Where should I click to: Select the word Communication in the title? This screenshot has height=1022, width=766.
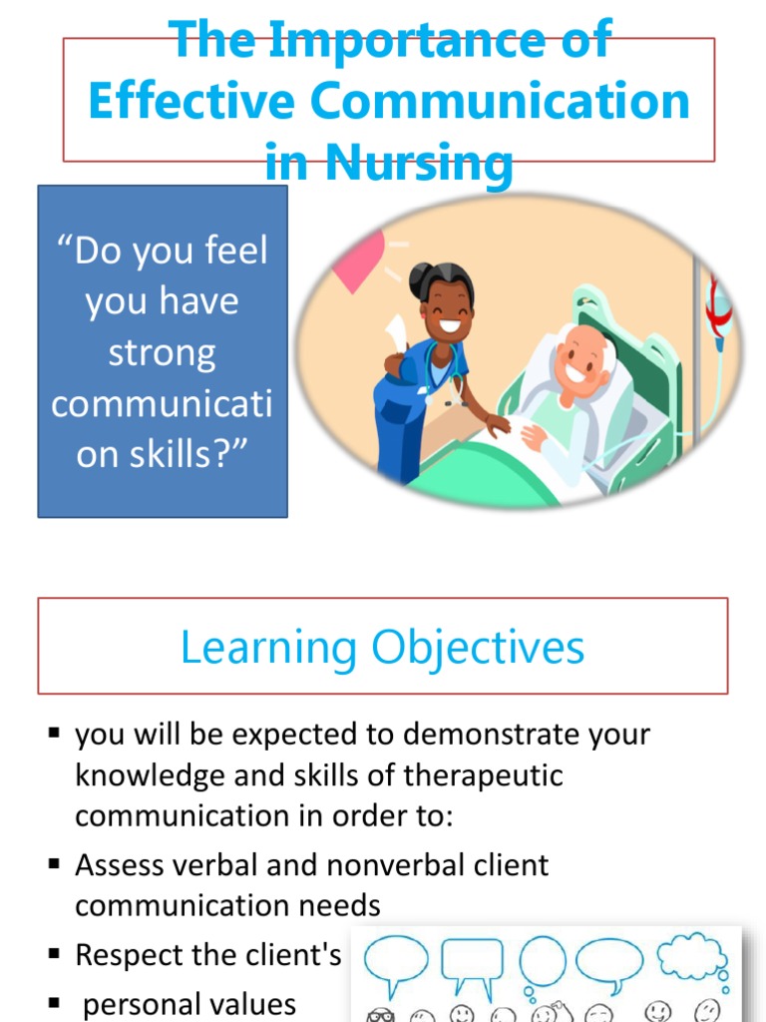click(x=500, y=102)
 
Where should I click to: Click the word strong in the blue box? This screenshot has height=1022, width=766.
click(x=162, y=353)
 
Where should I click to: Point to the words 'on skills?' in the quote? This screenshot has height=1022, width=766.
click(x=162, y=455)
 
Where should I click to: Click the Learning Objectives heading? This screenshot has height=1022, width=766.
click(x=382, y=648)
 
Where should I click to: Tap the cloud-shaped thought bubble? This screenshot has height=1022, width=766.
click(x=691, y=957)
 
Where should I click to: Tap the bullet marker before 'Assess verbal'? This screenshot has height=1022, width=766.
click(x=55, y=864)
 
